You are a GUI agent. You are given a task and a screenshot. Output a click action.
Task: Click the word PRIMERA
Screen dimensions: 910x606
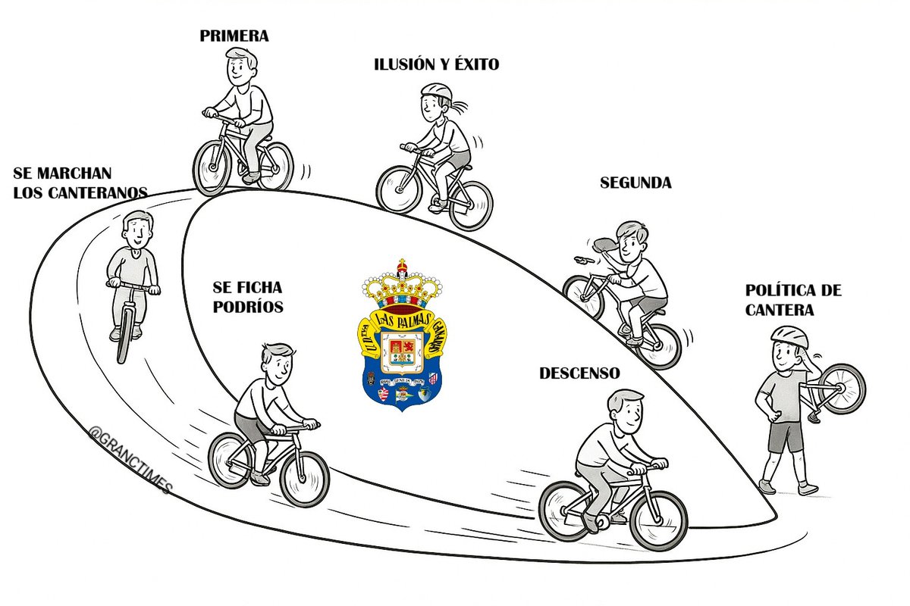[234, 36]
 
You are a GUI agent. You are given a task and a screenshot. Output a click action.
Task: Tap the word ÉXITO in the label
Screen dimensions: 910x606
[476, 64]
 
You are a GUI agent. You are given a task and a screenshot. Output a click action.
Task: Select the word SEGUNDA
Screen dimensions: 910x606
[635, 183]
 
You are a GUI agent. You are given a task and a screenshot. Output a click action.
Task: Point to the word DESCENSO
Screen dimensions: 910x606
[579, 373]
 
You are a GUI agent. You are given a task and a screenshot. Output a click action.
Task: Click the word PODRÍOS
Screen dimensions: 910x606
[248, 307]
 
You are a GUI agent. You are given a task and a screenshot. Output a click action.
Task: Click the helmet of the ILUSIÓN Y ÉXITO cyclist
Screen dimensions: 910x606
[437, 91]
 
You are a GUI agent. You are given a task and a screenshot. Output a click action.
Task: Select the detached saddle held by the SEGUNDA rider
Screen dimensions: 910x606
[606, 245]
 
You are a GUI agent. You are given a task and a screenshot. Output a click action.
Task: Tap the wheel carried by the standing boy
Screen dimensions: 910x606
[842, 389]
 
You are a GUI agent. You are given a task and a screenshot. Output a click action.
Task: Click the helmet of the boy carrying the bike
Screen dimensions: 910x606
[789, 336]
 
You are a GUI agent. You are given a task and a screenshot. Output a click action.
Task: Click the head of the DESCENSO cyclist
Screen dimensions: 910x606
[626, 411]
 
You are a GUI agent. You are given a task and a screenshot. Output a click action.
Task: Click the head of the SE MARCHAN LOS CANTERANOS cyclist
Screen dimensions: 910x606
[138, 230]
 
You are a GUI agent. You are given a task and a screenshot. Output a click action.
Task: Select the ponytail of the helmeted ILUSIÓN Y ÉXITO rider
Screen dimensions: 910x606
[458, 106]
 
